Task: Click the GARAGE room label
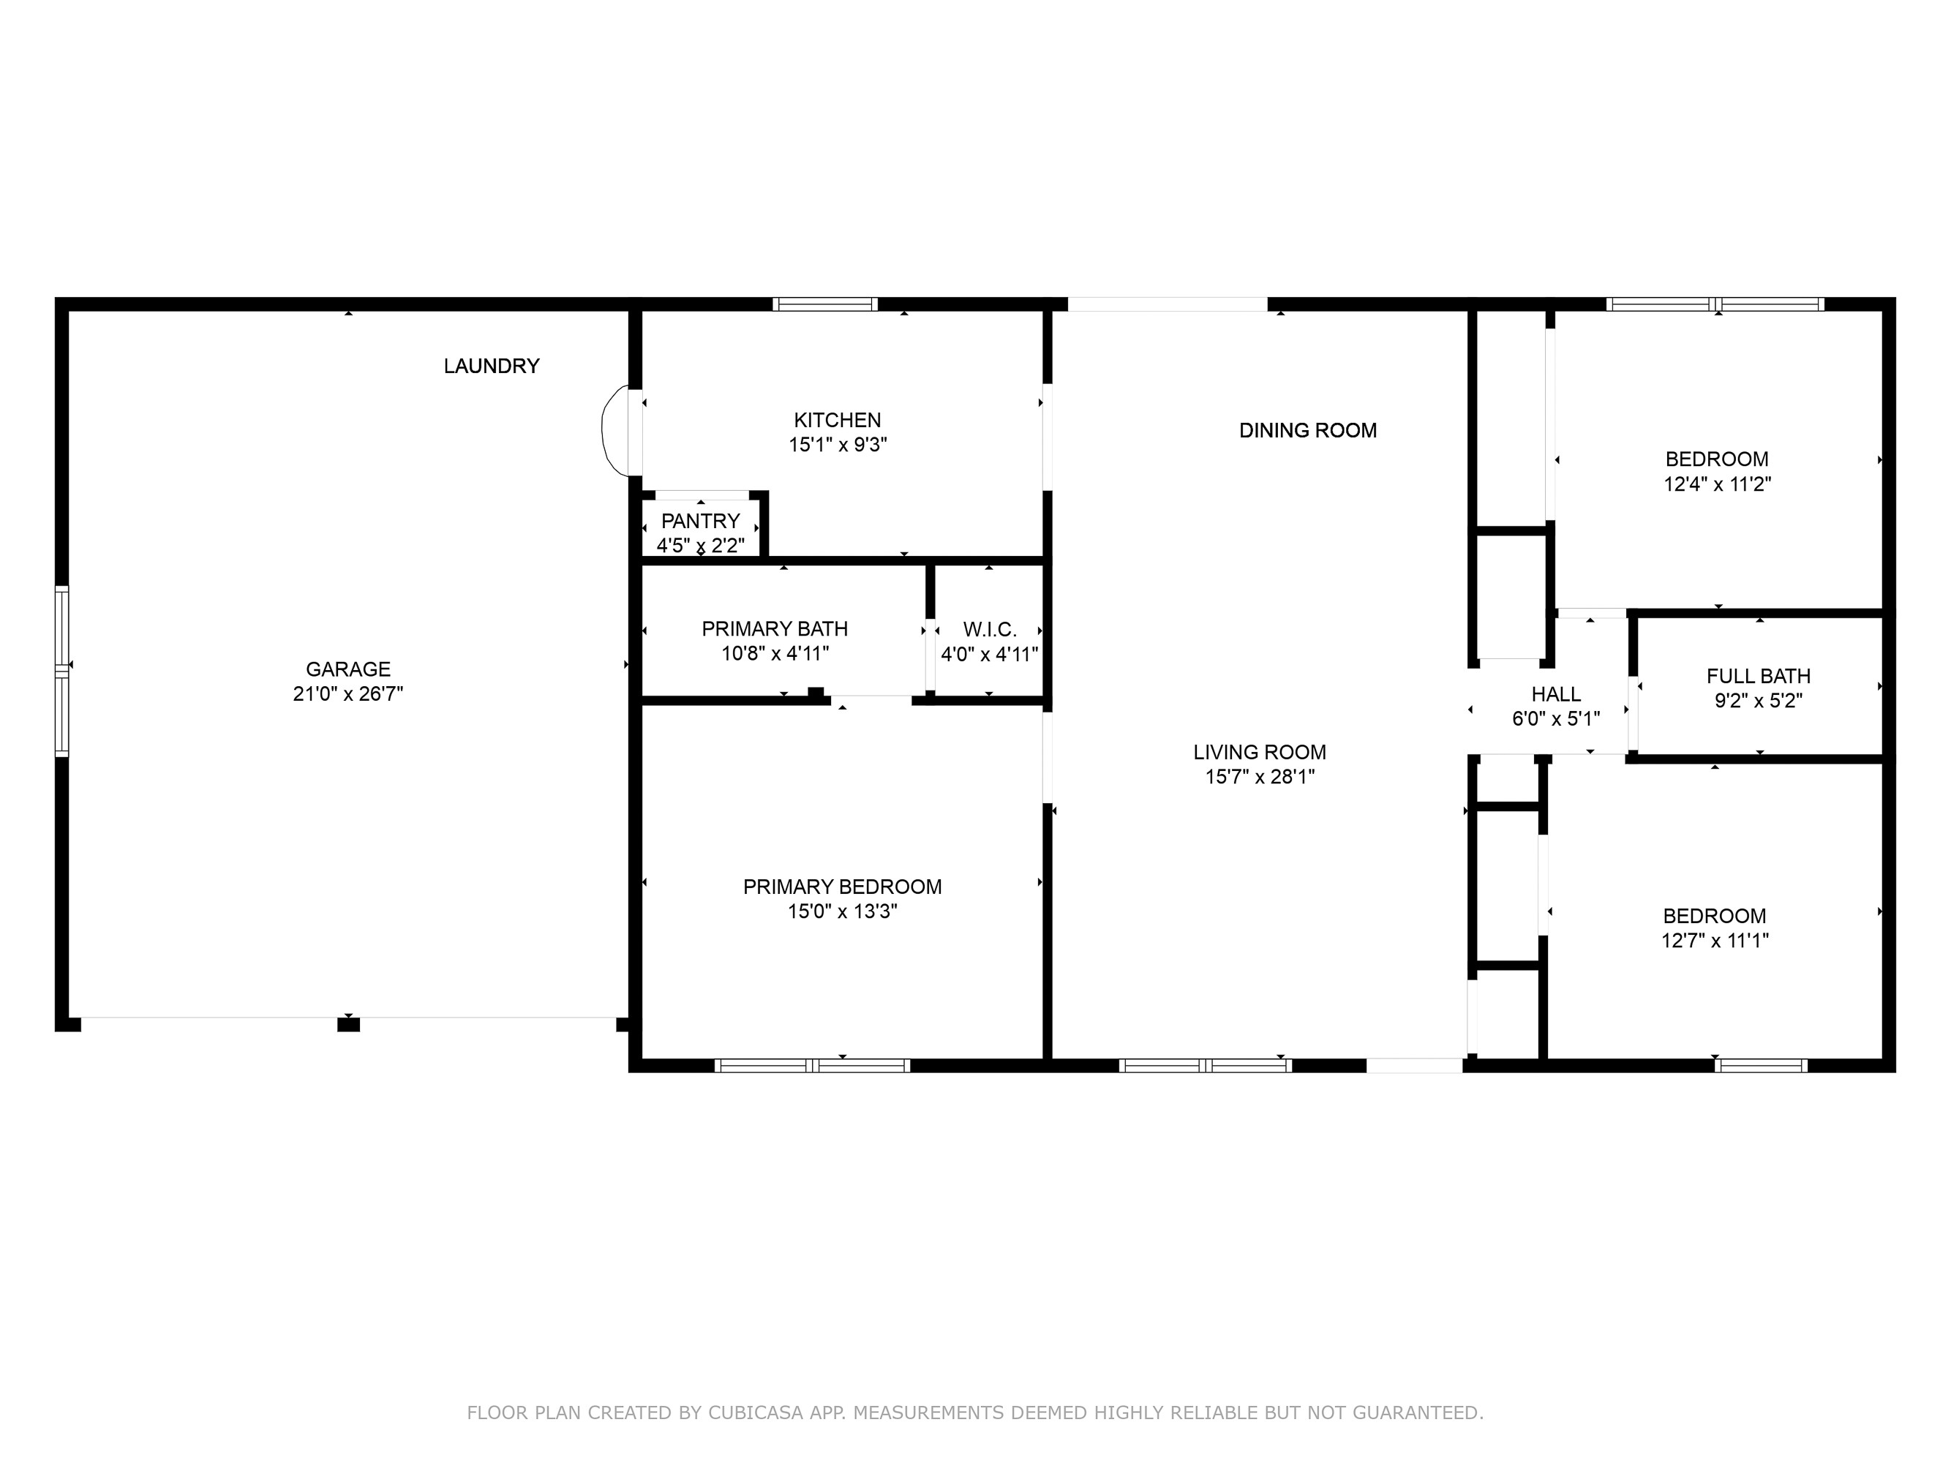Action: point(347,669)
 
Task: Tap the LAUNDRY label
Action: point(492,366)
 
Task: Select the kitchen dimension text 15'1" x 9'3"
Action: point(837,445)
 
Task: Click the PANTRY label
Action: point(700,520)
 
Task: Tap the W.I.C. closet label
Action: point(990,630)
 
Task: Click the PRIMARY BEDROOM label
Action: point(841,887)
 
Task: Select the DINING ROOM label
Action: point(1307,430)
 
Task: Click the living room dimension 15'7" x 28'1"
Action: point(1260,777)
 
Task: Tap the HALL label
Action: point(1556,694)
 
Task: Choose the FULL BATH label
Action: point(1758,677)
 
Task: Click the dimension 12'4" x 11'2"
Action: point(1717,484)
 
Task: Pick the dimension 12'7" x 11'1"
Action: point(1715,941)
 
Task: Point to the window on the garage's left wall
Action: point(61,671)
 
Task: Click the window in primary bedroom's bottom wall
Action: point(811,1065)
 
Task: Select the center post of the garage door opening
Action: point(348,1024)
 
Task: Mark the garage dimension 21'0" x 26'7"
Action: point(347,694)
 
